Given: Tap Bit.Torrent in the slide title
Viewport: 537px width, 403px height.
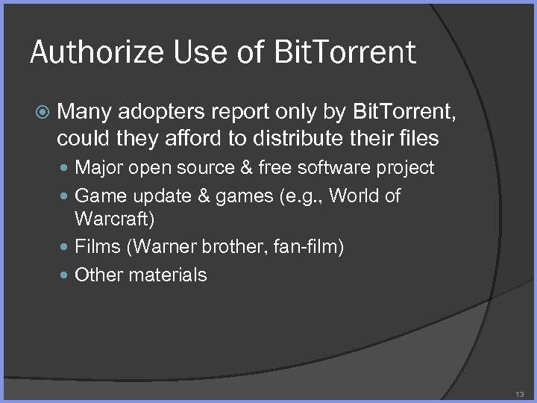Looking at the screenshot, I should tap(345, 52).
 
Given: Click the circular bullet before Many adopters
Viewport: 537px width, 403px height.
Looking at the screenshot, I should tap(44, 112).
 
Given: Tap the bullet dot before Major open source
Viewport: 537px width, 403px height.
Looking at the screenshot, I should tap(67, 168).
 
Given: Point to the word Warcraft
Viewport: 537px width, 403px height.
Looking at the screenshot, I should tap(113, 219).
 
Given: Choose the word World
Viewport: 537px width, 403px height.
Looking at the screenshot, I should tap(353, 196).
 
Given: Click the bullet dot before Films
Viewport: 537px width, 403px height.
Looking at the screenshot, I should tap(67, 247).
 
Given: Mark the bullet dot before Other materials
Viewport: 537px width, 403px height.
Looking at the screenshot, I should tap(67, 275).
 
